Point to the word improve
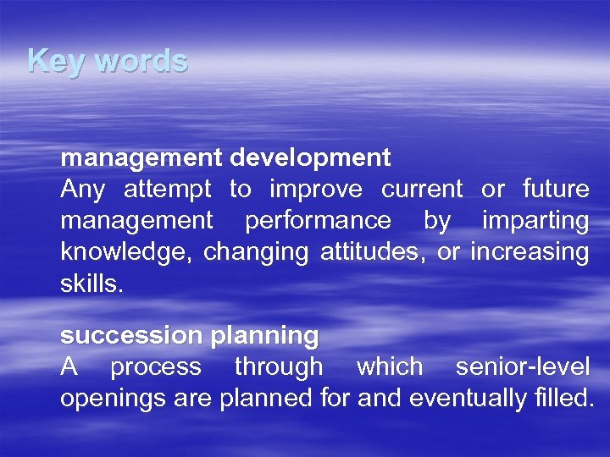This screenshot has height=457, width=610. point(316,189)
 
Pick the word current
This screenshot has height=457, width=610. point(422,189)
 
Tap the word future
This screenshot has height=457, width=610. point(556,189)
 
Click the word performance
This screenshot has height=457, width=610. point(318,221)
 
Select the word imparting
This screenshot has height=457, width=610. point(535,220)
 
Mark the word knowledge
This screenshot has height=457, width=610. point(126,252)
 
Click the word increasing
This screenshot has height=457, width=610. point(530,251)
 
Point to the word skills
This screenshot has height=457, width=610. point(91,283)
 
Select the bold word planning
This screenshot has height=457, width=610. point(264,336)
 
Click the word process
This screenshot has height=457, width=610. point(156,367)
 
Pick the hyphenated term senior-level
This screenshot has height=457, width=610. point(522,366)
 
